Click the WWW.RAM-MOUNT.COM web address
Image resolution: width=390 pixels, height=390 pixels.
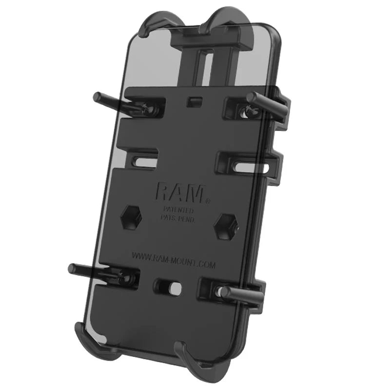173,256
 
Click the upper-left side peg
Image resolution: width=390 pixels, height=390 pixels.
105,99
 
